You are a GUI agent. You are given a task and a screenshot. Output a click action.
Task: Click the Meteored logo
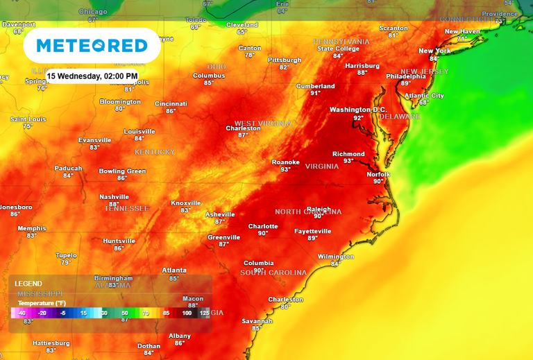tap(92, 46)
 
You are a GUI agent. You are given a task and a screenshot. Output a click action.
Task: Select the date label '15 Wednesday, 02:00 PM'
tap(92, 76)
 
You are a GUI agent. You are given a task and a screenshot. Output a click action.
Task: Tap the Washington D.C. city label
tap(358, 110)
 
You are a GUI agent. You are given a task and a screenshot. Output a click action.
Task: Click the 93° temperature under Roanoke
tap(285, 170)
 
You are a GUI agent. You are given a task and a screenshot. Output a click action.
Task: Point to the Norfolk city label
tap(379, 174)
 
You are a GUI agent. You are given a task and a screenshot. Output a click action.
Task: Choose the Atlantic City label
tap(424, 95)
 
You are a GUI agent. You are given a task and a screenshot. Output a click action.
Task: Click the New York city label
tap(434, 51)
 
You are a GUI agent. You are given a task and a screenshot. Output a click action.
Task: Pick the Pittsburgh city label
tap(285, 60)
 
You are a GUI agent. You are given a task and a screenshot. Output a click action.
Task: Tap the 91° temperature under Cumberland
tap(315, 94)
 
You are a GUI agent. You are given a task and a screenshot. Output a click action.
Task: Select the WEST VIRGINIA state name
tap(263, 123)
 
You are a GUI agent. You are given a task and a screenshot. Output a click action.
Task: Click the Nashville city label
tap(115, 196)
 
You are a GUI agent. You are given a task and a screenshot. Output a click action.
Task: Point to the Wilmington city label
tap(336, 257)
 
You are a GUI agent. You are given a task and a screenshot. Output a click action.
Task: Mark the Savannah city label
tap(257, 321)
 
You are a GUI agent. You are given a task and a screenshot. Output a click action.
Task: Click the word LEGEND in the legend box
tap(28, 284)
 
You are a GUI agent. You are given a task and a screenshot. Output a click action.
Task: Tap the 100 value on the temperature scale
tap(187, 314)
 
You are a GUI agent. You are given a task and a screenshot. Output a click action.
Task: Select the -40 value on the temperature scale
tap(22, 314)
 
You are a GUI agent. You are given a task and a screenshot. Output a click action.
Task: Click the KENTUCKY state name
tap(155, 152)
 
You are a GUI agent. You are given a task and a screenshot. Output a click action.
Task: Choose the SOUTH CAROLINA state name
tap(273, 273)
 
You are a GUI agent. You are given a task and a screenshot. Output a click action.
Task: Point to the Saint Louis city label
tap(28, 119)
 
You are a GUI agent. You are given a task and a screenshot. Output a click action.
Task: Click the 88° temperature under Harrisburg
tap(362, 73)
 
